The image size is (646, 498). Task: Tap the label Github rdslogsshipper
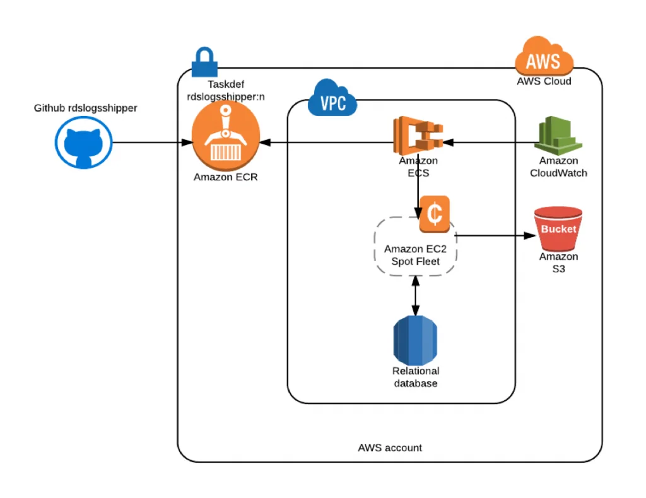tap(86, 108)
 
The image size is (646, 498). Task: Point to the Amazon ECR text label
tap(225, 177)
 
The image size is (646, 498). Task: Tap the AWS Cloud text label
tap(544, 81)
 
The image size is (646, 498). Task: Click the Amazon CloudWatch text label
tap(558, 167)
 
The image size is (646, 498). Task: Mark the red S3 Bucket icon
tap(558, 228)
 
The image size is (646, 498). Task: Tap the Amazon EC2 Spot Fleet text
tap(415, 255)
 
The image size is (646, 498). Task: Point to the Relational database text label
tap(415, 377)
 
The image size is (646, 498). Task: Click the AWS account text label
tap(390, 448)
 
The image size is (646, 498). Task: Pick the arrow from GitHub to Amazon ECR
tap(151, 143)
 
